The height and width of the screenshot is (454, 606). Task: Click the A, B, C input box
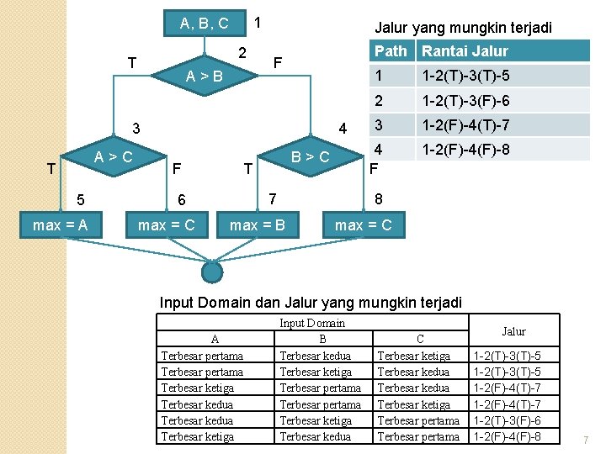(205, 23)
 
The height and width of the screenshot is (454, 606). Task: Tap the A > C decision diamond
(112, 156)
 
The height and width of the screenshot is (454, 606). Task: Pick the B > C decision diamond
(310, 156)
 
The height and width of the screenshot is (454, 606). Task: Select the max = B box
(257, 225)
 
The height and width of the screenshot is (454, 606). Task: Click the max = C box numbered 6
(166, 225)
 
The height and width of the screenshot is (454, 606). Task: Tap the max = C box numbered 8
(363, 225)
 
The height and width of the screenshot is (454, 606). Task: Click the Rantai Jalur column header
(465, 51)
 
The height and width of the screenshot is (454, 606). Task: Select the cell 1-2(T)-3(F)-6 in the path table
(465, 102)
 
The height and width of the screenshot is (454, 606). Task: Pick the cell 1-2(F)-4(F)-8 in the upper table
(465, 150)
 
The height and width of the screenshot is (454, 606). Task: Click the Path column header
(390, 51)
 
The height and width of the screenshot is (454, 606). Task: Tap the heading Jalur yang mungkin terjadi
(463, 28)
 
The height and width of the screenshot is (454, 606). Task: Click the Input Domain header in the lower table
(311, 323)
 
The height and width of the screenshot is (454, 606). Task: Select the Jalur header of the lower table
(513, 331)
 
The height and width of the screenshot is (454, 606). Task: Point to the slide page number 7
(586, 440)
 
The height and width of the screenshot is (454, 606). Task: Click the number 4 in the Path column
(379, 150)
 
